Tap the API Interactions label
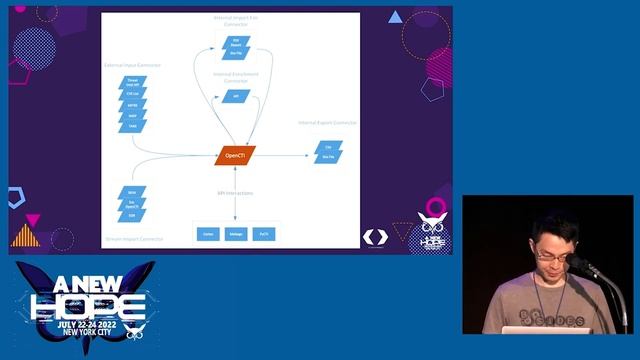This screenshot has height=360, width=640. point(235,192)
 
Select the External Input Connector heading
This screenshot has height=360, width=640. point(133,65)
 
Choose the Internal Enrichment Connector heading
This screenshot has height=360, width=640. point(236,77)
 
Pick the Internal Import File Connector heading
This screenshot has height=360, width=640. point(236,20)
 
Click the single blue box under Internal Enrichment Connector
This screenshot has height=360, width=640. point(236,96)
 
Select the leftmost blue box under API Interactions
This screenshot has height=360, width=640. point(208,233)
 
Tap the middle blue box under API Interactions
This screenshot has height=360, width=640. point(236,233)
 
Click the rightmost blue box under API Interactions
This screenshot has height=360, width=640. point(264,233)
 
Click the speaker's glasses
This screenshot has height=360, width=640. point(553,257)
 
